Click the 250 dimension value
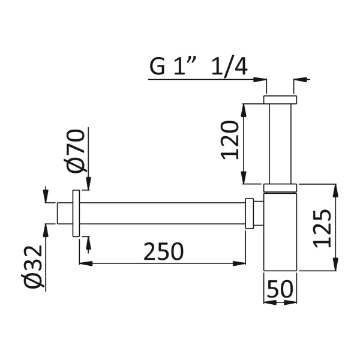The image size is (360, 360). click(x=163, y=251)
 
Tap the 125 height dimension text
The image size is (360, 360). click(x=323, y=229)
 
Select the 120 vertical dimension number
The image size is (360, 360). click(x=230, y=140)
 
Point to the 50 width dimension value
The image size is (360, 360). click(x=280, y=289)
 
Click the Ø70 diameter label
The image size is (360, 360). click(x=76, y=151)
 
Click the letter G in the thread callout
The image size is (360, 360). click(x=157, y=67)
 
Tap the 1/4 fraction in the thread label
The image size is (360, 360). click(x=229, y=66)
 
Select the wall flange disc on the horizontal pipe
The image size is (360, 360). click(x=76, y=213)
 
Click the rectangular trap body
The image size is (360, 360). click(x=280, y=232)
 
